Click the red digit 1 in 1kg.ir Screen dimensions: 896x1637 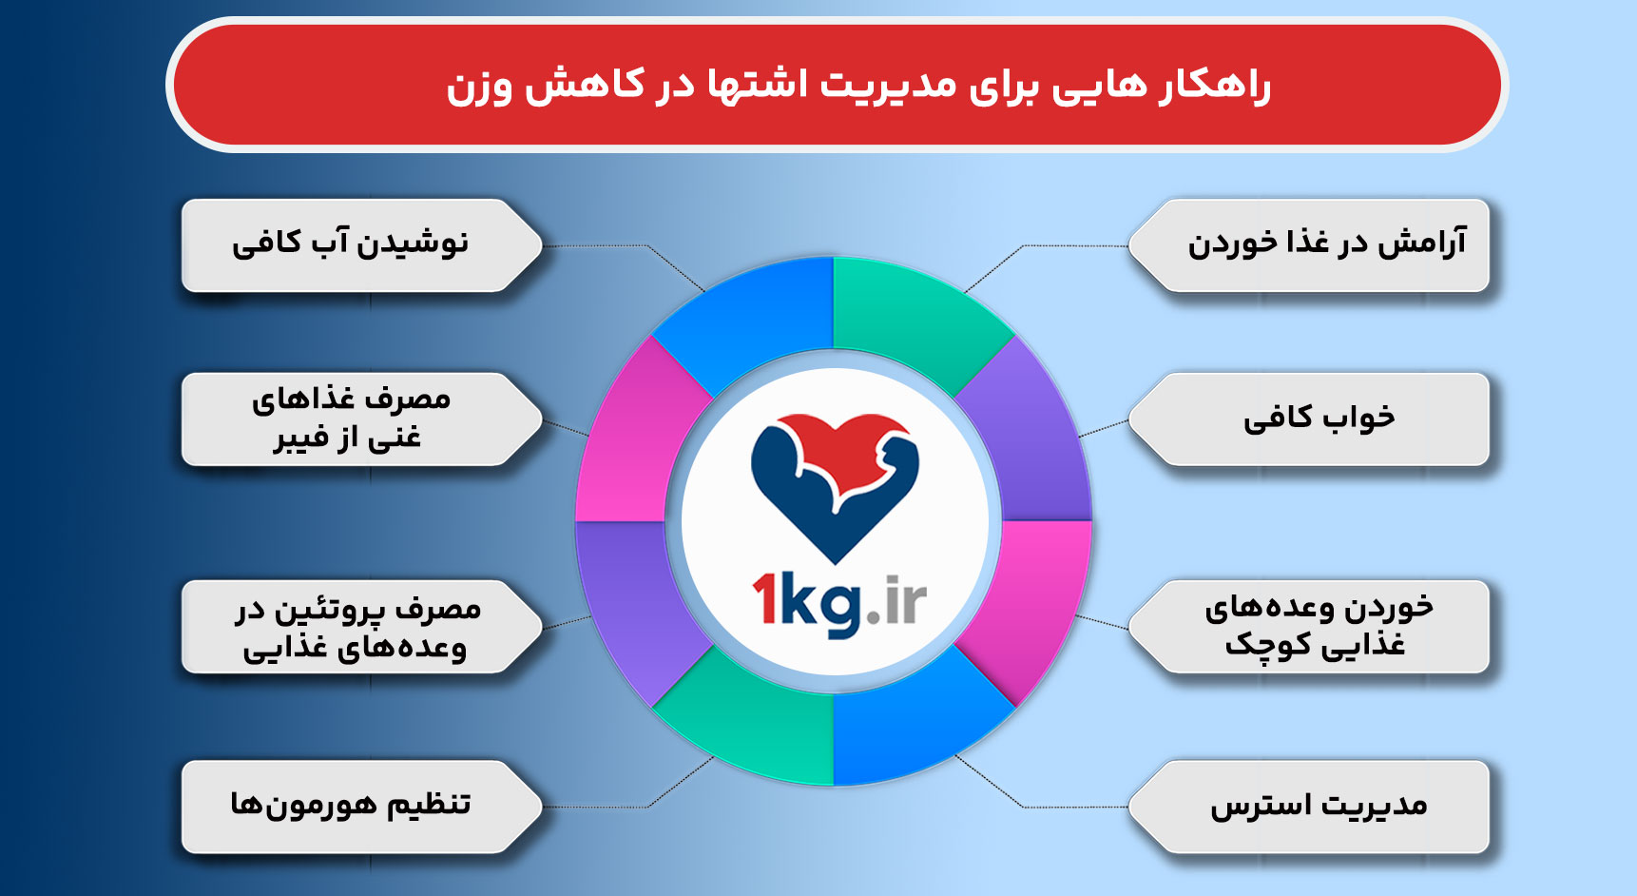(x=766, y=599)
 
